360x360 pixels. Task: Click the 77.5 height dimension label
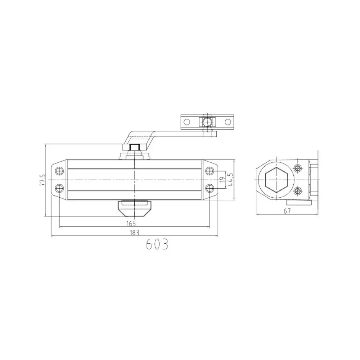tap(43, 180)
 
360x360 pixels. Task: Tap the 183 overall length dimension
tap(134, 233)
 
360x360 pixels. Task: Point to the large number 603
tap(157, 245)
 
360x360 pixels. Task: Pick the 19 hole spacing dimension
tap(222, 179)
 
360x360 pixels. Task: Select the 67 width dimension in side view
tap(287, 212)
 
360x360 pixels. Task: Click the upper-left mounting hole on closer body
tap(59, 171)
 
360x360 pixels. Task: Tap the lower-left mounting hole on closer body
tap(59, 188)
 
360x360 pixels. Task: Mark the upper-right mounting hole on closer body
tap(209, 171)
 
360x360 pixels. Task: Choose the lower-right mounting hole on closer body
tap(209, 188)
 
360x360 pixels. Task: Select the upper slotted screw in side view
tap(297, 168)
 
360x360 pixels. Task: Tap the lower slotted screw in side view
tap(297, 191)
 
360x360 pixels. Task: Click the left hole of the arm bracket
tap(186, 122)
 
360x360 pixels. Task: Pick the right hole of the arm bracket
tap(228, 122)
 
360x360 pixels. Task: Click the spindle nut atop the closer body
tap(134, 147)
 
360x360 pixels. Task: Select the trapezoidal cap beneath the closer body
tap(134, 208)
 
